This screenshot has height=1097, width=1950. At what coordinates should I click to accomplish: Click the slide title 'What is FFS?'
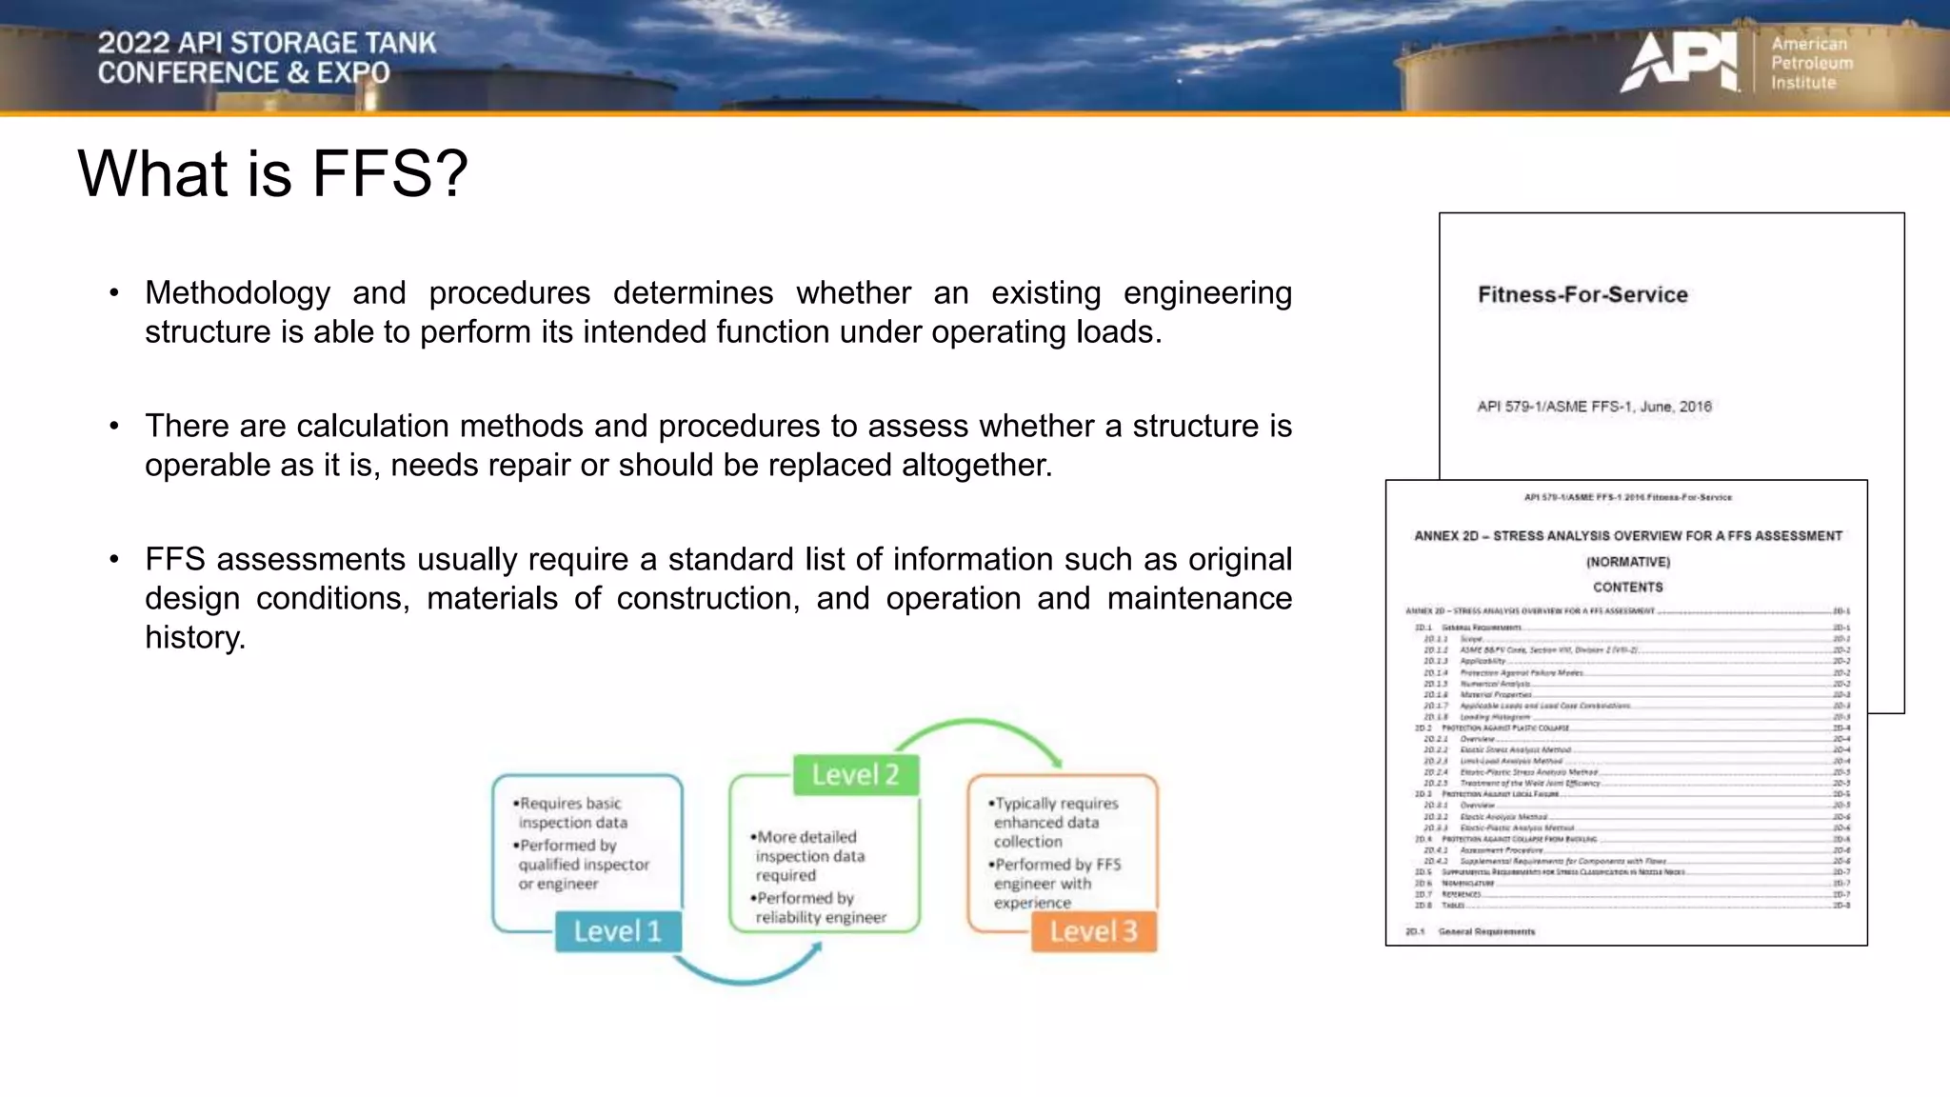click(x=272, y=173)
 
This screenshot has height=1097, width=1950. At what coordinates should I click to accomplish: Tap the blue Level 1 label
click(x=617, y=931)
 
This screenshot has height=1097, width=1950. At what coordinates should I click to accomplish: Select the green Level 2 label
click(x=855, y=775)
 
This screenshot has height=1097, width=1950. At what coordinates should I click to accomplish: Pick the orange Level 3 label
click(x=1093, y=931)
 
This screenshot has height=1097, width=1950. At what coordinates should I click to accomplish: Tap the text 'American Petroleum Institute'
click(x=1811, y=63)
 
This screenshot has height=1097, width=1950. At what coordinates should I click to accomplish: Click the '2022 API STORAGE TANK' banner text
click(x=267, y=43)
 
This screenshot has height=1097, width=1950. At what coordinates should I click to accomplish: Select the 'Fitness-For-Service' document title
click(x=1582, y=295)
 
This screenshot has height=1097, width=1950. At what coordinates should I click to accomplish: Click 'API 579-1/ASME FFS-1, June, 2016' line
click(x=1594, y=407)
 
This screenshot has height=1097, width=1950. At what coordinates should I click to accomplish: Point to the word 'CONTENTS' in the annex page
click(x=1628, y=588)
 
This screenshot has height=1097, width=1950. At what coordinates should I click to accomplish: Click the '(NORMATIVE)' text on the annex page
click(x=1628, y=562)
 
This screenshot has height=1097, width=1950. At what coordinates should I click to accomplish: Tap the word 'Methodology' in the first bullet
click(x=237, y=293)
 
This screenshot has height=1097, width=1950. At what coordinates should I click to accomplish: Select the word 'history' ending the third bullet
click(x=194, y=638)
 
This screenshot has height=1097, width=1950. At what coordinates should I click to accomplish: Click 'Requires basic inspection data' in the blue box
click(x=571, y=813)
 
